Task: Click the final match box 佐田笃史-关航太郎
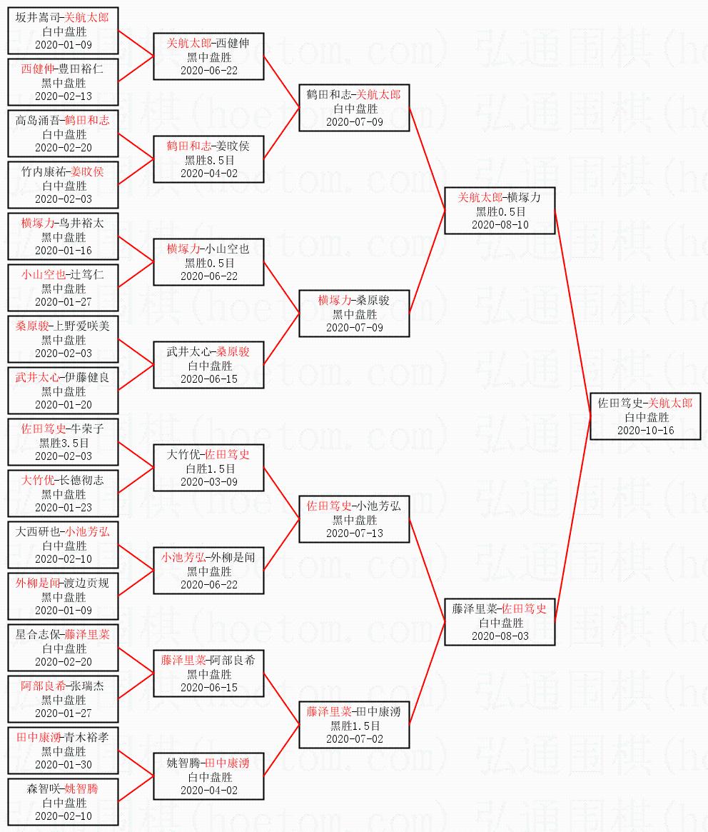(645, 416)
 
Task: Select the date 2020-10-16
(645, 430)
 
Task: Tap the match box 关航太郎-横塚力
(500, 210)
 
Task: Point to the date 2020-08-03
(500, 636)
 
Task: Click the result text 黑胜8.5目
(210, 160)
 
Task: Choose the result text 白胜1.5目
(210, 468)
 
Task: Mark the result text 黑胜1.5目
(354, 726)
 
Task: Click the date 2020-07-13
(354, 533)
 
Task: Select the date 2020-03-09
(210, 481)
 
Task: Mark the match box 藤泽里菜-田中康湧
(354, 724)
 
